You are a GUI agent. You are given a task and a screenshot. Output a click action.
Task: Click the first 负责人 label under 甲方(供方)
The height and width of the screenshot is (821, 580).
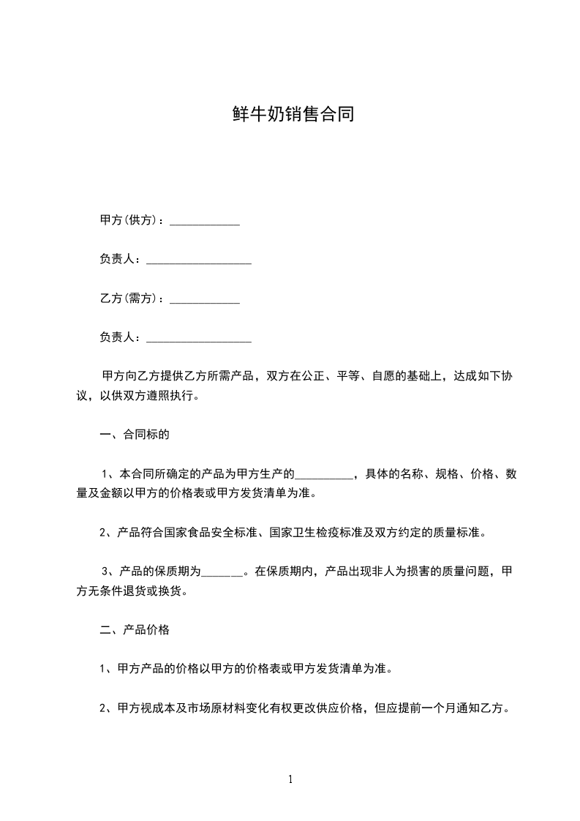pos(117,260)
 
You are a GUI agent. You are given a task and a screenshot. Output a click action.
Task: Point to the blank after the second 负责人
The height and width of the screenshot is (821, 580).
pos(199,339)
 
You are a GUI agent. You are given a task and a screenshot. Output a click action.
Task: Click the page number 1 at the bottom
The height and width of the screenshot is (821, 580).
pos(290,779)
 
